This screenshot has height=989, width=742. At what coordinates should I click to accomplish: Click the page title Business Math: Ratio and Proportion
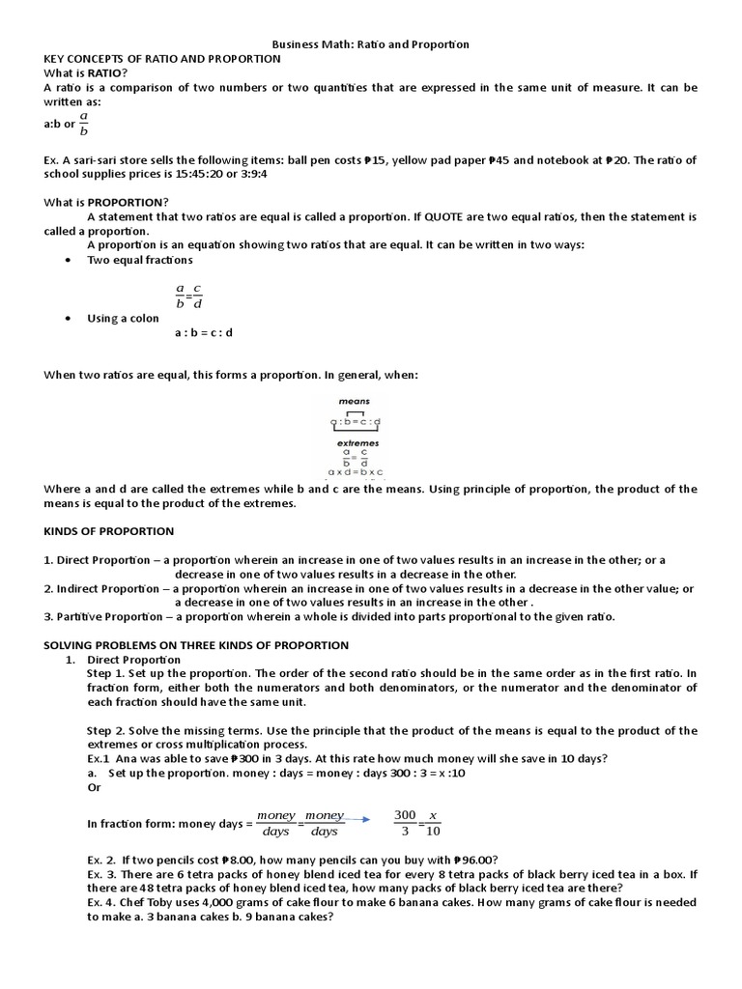coord(370,44)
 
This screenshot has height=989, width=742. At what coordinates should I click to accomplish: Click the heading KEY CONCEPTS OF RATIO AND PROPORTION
coord(162,59)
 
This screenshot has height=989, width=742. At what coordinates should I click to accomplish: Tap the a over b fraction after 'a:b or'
coord(84,124)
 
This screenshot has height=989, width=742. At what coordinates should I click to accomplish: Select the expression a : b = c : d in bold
coord(204,333)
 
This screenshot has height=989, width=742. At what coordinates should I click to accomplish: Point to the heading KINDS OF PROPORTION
coord(109,531)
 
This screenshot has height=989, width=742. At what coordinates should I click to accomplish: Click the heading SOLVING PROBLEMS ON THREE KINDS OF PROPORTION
coord(196,645)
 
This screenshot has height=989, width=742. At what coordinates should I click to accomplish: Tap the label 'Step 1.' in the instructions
coord(105,673)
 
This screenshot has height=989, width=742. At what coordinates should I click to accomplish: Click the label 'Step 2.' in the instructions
coord(105,730)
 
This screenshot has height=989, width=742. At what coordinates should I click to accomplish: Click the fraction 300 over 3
coord(405,823)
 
